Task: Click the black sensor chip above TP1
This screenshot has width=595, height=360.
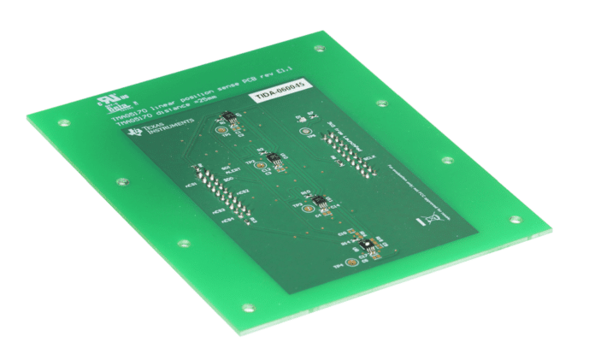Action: pos(228,118)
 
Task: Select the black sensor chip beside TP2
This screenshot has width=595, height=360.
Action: pos(274,159)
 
